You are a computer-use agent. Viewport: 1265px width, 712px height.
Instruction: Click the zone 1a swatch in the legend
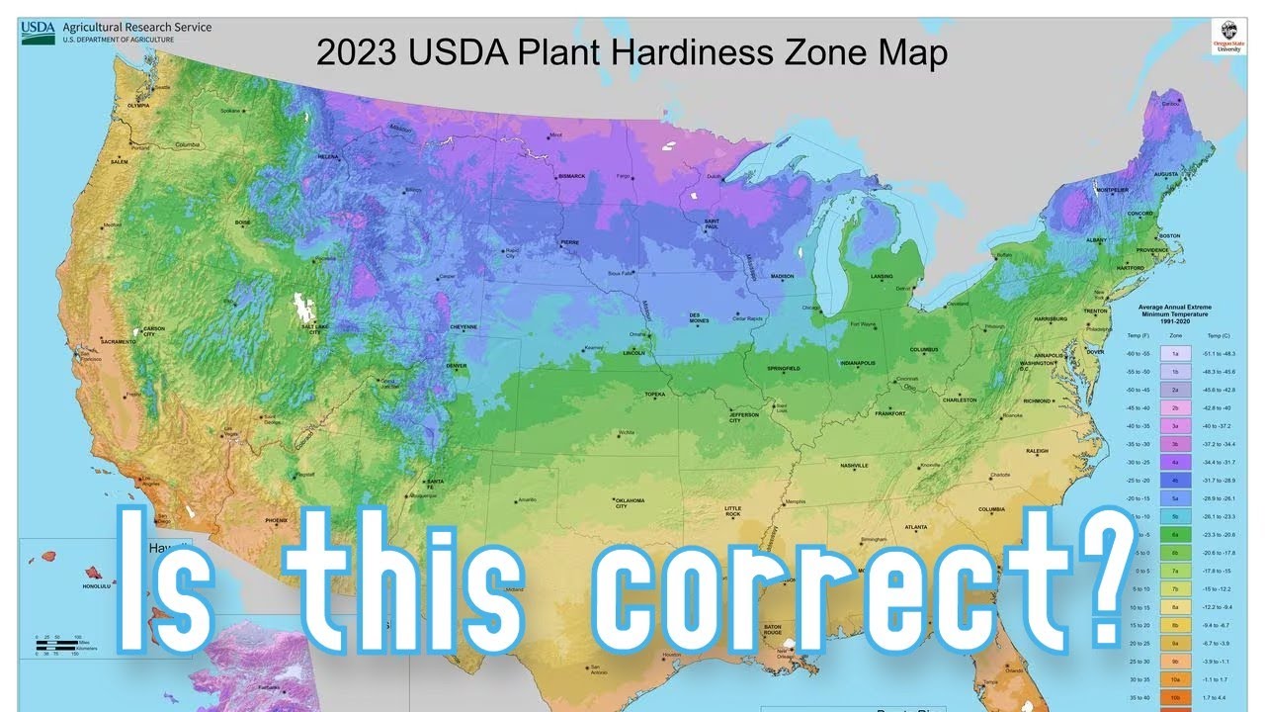[x=1175, y=353]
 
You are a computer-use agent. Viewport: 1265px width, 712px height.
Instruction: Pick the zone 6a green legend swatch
[x=1175, y=534]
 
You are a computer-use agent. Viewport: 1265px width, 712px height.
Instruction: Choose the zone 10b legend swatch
[x=1175, y=698]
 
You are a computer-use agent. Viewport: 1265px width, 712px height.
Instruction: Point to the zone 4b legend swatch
[x=1175, y=480]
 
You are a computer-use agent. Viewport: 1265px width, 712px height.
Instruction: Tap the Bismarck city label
[x=572, y=176]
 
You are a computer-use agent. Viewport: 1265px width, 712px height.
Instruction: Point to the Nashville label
[x=854, y=465]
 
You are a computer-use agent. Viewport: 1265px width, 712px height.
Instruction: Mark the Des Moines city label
[x=701, y=318]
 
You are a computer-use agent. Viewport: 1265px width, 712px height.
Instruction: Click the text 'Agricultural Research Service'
[x=137, y=27]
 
